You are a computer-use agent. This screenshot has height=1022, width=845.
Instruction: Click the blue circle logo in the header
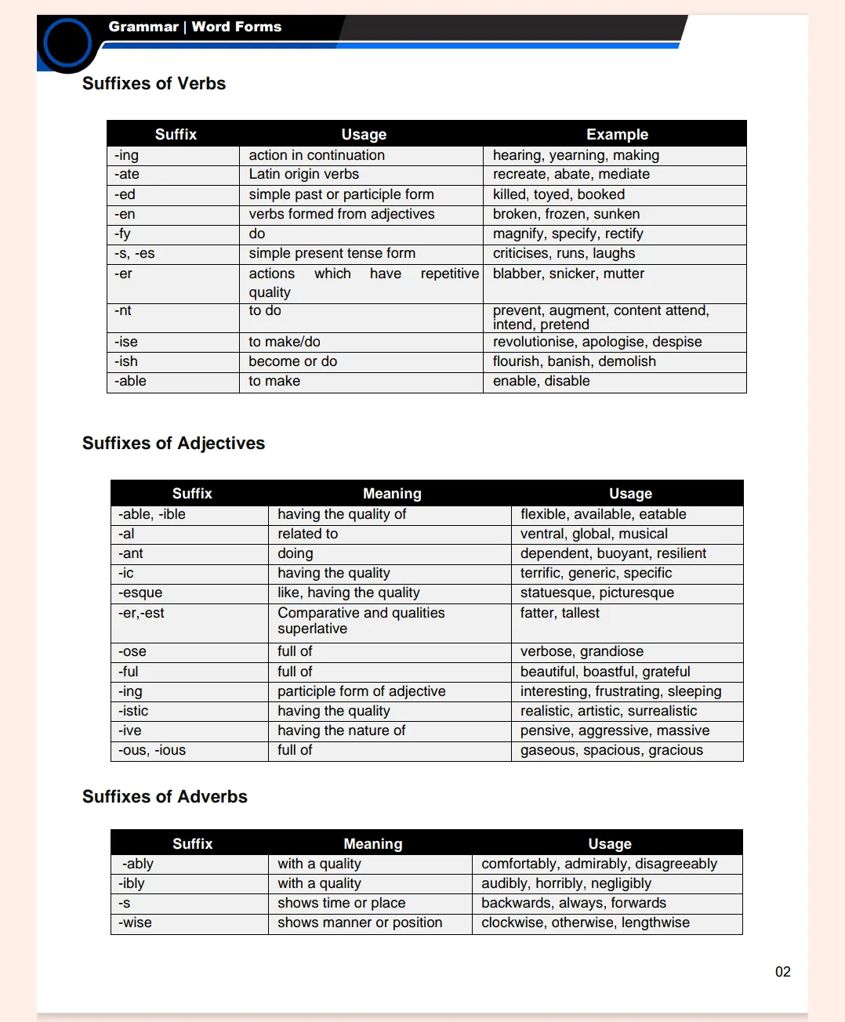pyautogui.click(x=67, y=42)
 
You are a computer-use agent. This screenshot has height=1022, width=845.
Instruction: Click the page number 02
pyautogui.click(x=782, y=972)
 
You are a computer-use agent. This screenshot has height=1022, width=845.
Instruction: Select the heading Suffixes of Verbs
pyautogui.click(x=154, y=84)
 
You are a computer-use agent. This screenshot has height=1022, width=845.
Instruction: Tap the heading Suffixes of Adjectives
pyautogui.click(x=173, y=444)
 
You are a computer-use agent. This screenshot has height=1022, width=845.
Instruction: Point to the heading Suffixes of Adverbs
pyautogui.click(x=165, y=797)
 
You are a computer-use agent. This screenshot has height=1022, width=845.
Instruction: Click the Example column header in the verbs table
pyautogui.click(x=617, y=134)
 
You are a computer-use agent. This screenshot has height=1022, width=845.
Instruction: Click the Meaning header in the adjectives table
pyautogui.click(x=392, y=494)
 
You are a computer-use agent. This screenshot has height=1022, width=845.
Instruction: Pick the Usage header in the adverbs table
pyautogui.click(x=610, y=844)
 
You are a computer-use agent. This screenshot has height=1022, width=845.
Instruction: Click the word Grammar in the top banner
pyautogui.click(x=143, y=27)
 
